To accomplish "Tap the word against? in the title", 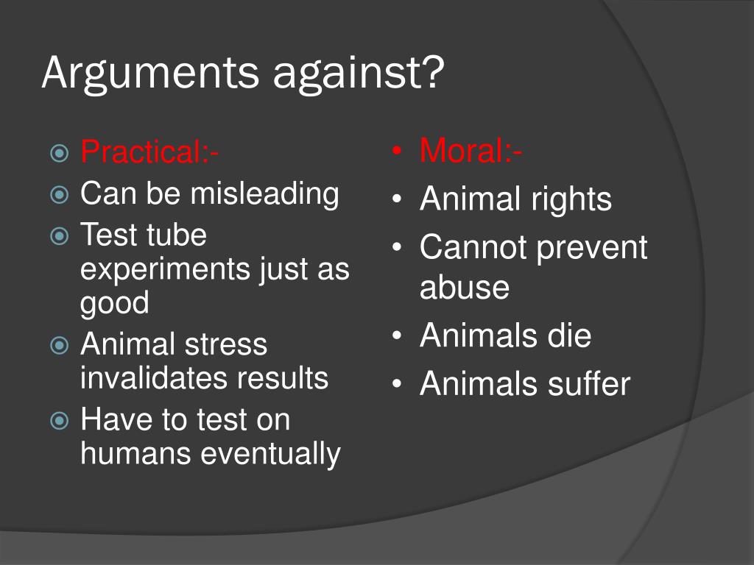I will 359,74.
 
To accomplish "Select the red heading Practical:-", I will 149,152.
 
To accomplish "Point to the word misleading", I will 265,193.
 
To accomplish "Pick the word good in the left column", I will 114,302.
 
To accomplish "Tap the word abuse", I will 464,287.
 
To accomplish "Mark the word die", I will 568,335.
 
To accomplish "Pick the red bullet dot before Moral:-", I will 398,152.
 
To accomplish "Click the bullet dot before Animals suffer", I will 398,385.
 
